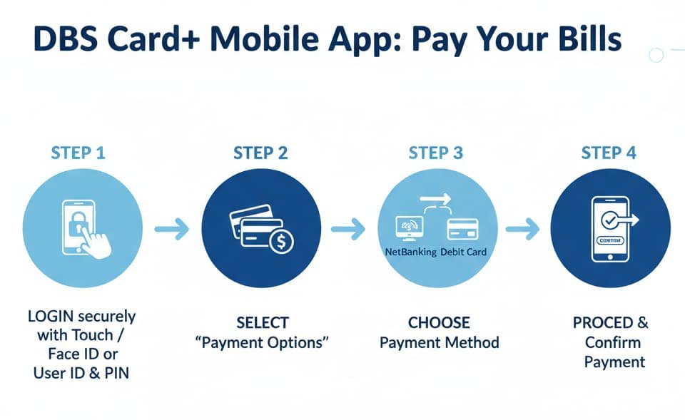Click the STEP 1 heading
(x=79, y=153)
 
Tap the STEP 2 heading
(x=260, y=153)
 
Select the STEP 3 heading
(x=435, y=153)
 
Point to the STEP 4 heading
(x=609, y=153)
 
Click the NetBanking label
(x=410, y=252)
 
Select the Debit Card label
(x=464, y=252)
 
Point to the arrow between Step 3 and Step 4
(x=522, y=230)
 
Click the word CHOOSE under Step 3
(x=439, y=322)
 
